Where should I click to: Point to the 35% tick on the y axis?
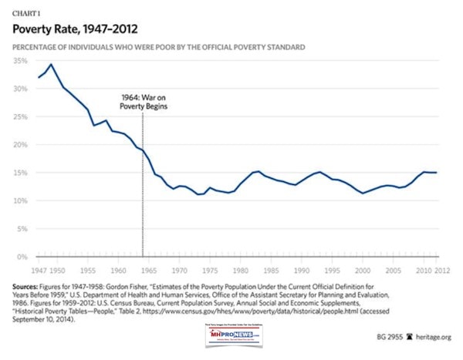coord(20,60)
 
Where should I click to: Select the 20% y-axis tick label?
coord(20,145)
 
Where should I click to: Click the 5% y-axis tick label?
coord(22,229)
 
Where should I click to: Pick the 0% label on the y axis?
coord(22,257)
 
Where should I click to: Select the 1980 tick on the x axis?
coord(240,271)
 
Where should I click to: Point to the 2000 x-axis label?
coord(362,271)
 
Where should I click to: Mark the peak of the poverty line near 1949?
coord(51,64)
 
